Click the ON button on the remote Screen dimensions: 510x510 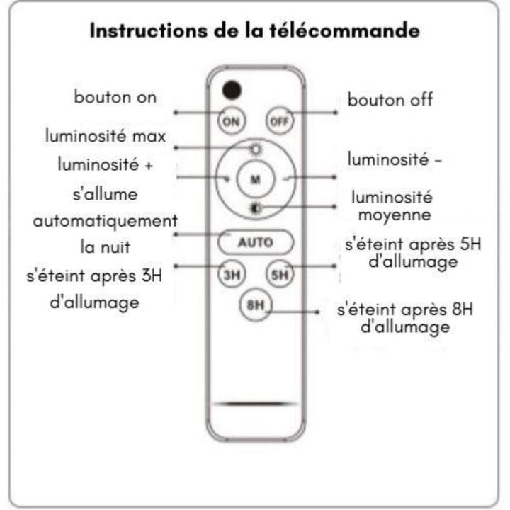[231, 121]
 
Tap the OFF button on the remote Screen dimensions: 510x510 [279, 121]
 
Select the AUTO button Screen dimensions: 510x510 [255, 242]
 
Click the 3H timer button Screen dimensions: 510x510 [231, 275]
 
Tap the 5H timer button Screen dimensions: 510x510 [279, 275]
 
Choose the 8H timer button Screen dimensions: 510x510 [255, 305]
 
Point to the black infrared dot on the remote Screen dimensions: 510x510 [232, 90]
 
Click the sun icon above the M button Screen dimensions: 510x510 [256, 149]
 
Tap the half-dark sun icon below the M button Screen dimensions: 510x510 [256, 208]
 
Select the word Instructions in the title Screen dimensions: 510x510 [148, 31]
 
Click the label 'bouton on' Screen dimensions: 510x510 [115, 97]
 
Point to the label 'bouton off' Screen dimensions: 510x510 [390, 99]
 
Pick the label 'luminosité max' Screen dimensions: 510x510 [106, 135]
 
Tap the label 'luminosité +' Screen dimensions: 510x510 [106, 164]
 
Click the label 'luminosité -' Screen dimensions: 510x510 [395, 159]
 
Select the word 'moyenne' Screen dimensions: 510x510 [395, 215]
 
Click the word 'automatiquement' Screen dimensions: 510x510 [106, 221]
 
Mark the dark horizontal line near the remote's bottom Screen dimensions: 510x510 [256, 404]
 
